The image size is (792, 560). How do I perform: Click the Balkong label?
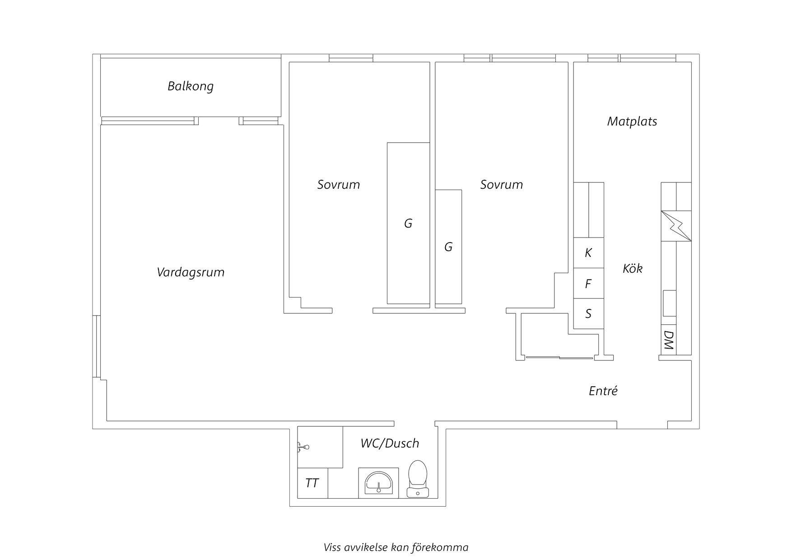191,86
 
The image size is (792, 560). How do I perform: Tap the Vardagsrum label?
191,272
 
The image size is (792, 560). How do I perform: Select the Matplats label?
632,121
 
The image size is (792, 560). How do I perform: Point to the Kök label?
633,268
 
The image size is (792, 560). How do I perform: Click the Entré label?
603,391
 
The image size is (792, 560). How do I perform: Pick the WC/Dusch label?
390,443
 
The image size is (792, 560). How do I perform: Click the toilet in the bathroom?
418,479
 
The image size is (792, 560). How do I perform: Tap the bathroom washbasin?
378,483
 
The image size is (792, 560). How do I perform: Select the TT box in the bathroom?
312,483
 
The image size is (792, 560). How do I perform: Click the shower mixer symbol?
303,448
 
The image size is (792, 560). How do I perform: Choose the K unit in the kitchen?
588,253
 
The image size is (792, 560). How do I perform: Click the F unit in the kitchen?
588,284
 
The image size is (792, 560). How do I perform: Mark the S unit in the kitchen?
588,313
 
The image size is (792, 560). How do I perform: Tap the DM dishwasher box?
669,340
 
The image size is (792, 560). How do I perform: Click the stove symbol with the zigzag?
676,226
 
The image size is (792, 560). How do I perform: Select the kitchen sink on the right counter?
670,303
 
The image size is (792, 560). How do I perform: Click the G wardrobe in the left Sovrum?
408,223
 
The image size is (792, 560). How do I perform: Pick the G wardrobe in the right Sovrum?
448,247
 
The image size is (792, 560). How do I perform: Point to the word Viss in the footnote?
332,548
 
